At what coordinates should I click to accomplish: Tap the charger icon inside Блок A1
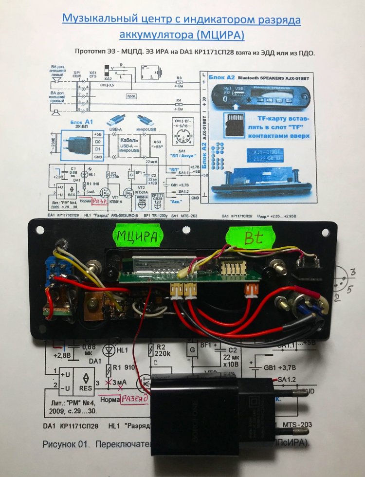click(x=74, y=145)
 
